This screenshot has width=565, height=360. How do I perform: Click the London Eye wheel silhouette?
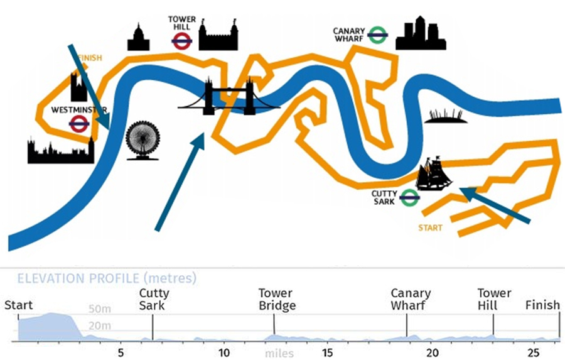[x=143, y=140]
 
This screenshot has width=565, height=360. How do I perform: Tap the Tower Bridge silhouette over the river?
[x=228, y=99]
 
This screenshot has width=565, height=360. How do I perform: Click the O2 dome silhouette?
[x=446, y=116]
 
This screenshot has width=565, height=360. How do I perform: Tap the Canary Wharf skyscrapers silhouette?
[x=420, y=34]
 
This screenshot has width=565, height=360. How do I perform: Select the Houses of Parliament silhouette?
[x=60, y=151]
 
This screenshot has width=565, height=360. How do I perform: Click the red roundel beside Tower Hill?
[x=181, y=41]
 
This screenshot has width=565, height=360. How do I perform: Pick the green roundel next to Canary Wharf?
[x=377, y=35]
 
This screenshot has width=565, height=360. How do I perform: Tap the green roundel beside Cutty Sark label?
[x=409, y=198]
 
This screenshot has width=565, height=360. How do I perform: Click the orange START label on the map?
[x=430, y=228]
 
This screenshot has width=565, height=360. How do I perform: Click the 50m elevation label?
[x=100, y=310]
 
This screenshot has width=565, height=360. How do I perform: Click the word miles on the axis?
[x=279, y=353]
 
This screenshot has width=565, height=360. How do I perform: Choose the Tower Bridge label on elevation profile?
[x=277, y=300]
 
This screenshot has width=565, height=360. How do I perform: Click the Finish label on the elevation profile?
[x=542, y=305]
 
